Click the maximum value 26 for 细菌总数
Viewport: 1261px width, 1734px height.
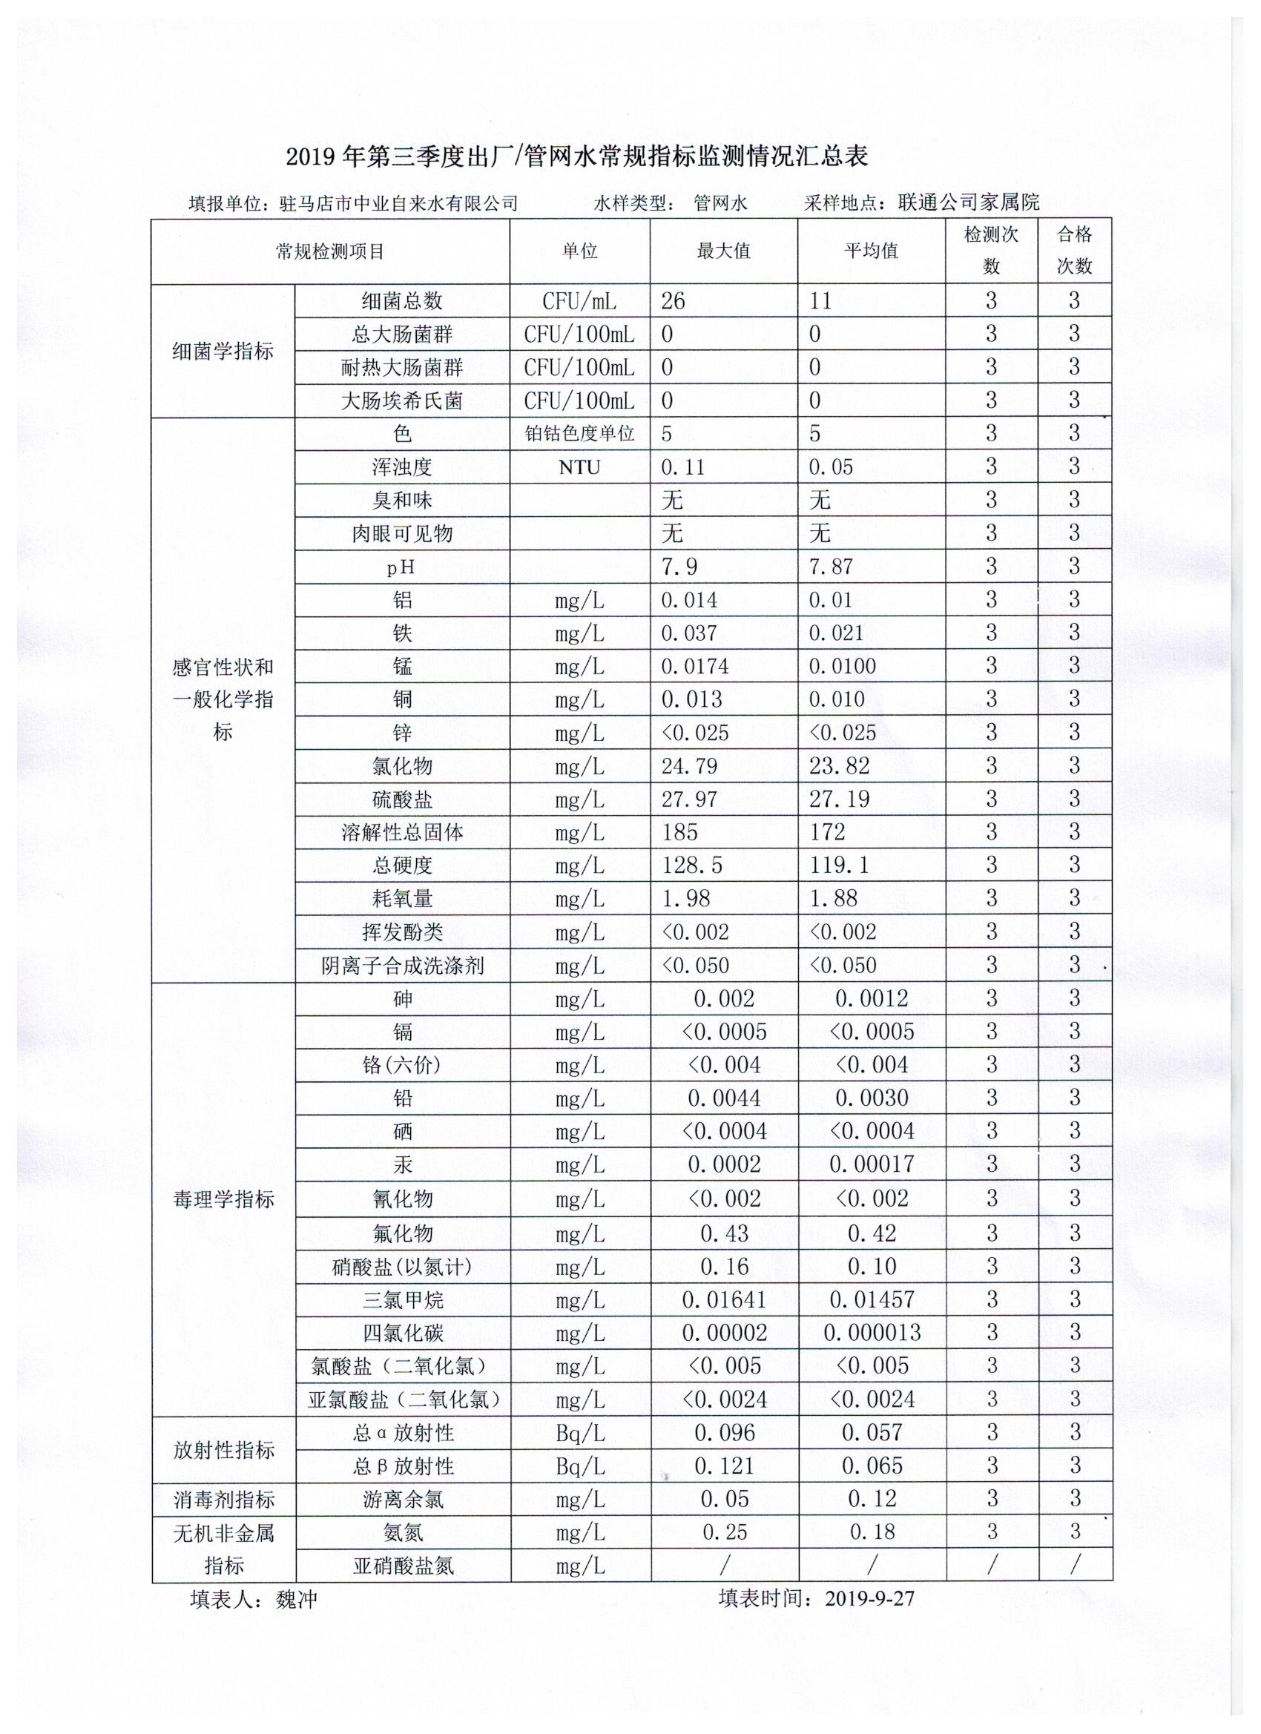tap(673, 301)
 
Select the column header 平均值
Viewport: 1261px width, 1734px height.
tap(871, 251)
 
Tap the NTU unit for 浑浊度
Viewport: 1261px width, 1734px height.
tap(579, 467)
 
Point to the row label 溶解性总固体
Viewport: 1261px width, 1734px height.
tap(402, 833)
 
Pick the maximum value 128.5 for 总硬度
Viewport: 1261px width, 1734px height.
tap(691, 866)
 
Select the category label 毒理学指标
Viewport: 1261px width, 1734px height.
tap(223, 1199)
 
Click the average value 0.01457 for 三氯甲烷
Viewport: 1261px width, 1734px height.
tap(872, 1299)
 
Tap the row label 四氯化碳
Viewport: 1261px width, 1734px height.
tap(402, 1333)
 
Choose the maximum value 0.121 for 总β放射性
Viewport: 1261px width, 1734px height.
tap(723, 1466)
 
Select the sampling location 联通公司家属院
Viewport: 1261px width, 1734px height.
tap(969, 202)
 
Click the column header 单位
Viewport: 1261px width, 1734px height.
tap(579, 251)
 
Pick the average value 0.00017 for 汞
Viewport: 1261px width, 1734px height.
tap(872, 1164)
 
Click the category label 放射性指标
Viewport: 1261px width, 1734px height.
tap(223, 1450)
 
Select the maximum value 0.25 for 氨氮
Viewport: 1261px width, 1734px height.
tap(723, 1532)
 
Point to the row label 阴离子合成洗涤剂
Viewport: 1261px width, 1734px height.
tap(402, 966)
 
